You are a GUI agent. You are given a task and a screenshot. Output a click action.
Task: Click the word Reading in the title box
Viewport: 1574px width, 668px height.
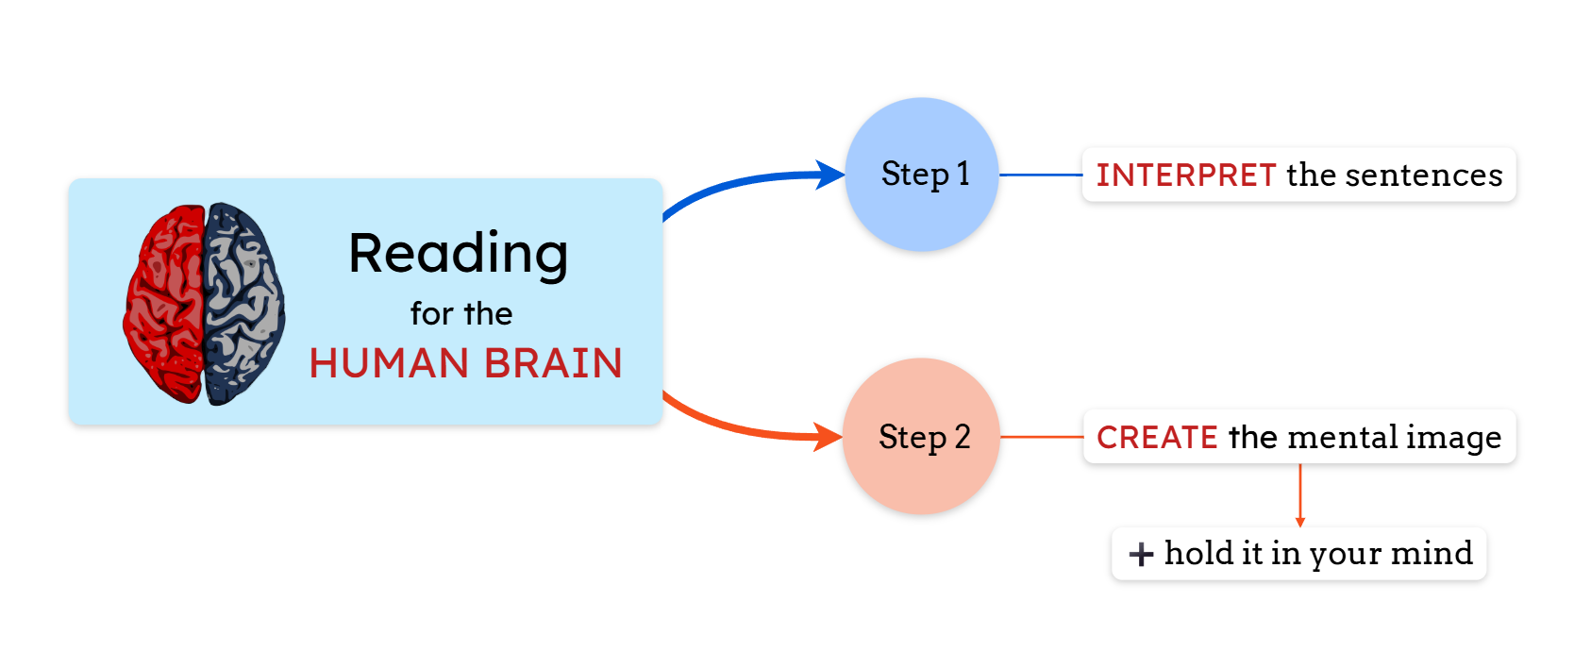459,254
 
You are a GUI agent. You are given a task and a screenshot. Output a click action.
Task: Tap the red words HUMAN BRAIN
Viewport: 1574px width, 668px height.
465,363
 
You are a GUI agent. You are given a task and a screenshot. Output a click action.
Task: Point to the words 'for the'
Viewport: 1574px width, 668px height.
461,313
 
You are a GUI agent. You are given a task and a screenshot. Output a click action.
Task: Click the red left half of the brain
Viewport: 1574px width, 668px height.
165,302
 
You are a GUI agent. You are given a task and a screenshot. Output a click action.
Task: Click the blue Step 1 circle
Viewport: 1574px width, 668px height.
922,175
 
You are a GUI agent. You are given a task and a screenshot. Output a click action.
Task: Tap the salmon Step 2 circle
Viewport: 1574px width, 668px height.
921,436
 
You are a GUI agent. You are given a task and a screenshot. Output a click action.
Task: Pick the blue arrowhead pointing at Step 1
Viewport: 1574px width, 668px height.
831,175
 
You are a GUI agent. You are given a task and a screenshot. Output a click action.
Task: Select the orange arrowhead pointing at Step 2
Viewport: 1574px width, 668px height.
829,437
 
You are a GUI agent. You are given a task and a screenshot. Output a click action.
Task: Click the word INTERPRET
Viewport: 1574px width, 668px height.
1185,175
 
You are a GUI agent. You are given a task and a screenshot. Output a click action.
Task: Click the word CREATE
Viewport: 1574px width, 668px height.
1157,438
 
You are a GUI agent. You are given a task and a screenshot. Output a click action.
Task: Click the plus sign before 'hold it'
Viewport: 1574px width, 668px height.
1141,554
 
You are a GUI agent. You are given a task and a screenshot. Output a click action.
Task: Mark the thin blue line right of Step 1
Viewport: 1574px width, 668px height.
1040,175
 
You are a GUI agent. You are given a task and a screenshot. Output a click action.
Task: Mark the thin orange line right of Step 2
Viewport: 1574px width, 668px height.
1041,437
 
